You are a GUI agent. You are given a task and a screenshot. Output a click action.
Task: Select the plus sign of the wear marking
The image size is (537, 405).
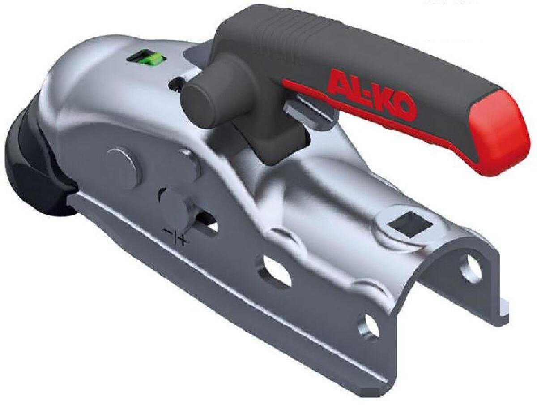point(184,241)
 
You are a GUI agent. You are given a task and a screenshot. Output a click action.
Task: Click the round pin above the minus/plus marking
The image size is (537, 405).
point(175,206)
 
